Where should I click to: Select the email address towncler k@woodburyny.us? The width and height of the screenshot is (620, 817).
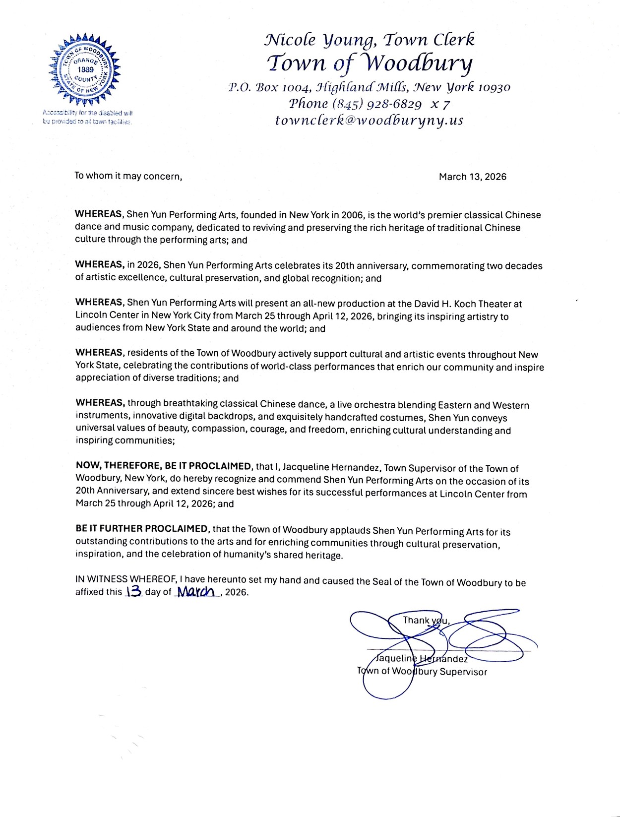tap(369, 121)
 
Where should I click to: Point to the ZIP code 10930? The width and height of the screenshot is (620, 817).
tap(494, 88)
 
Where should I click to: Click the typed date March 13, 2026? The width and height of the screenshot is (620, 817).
tap(472, 177)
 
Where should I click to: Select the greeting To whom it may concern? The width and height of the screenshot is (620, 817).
tap(128, 176)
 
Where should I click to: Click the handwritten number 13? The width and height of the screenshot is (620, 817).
tap(134, 591)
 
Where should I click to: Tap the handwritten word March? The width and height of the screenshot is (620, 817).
tap(197, 591)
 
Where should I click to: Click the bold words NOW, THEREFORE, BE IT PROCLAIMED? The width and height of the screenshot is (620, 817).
tap(164, 466)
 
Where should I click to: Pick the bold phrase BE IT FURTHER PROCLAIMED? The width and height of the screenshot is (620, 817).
tap(141, 529)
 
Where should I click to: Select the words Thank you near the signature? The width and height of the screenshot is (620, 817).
tap(426, 620)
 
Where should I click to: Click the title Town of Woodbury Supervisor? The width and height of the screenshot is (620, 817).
tap(422, 672)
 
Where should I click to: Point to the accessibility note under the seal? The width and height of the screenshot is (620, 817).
tap(87, 117)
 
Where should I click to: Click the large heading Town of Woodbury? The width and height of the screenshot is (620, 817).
tap(370, 63)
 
